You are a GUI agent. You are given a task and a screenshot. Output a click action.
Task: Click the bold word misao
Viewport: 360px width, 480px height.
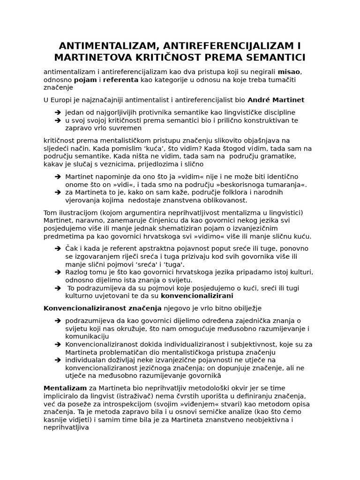coord(290,72)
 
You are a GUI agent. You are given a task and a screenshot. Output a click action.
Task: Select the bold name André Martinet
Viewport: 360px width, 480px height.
coord(276,100)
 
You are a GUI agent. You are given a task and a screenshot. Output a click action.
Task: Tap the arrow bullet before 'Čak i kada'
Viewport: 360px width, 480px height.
coord(57,248)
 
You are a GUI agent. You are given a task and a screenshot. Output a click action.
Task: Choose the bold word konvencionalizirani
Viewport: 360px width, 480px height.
coord(197,296)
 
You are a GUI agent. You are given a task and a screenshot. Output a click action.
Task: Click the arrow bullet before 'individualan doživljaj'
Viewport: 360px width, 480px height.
coord(57,360)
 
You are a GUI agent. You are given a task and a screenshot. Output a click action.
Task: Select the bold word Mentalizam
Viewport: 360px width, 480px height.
coord(65,388)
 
